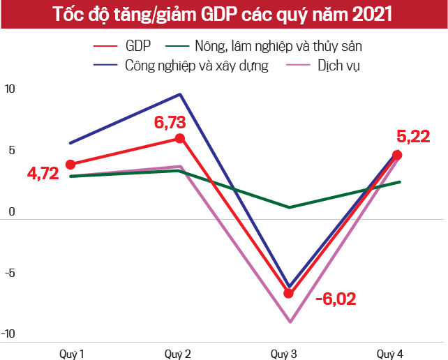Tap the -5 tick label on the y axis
click(9, 273)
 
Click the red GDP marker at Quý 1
click(70, 165)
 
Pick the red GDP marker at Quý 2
click(180, 138)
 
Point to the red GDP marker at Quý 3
click(288, 293)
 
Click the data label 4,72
click(43, 174)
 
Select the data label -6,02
click(336, 299)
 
